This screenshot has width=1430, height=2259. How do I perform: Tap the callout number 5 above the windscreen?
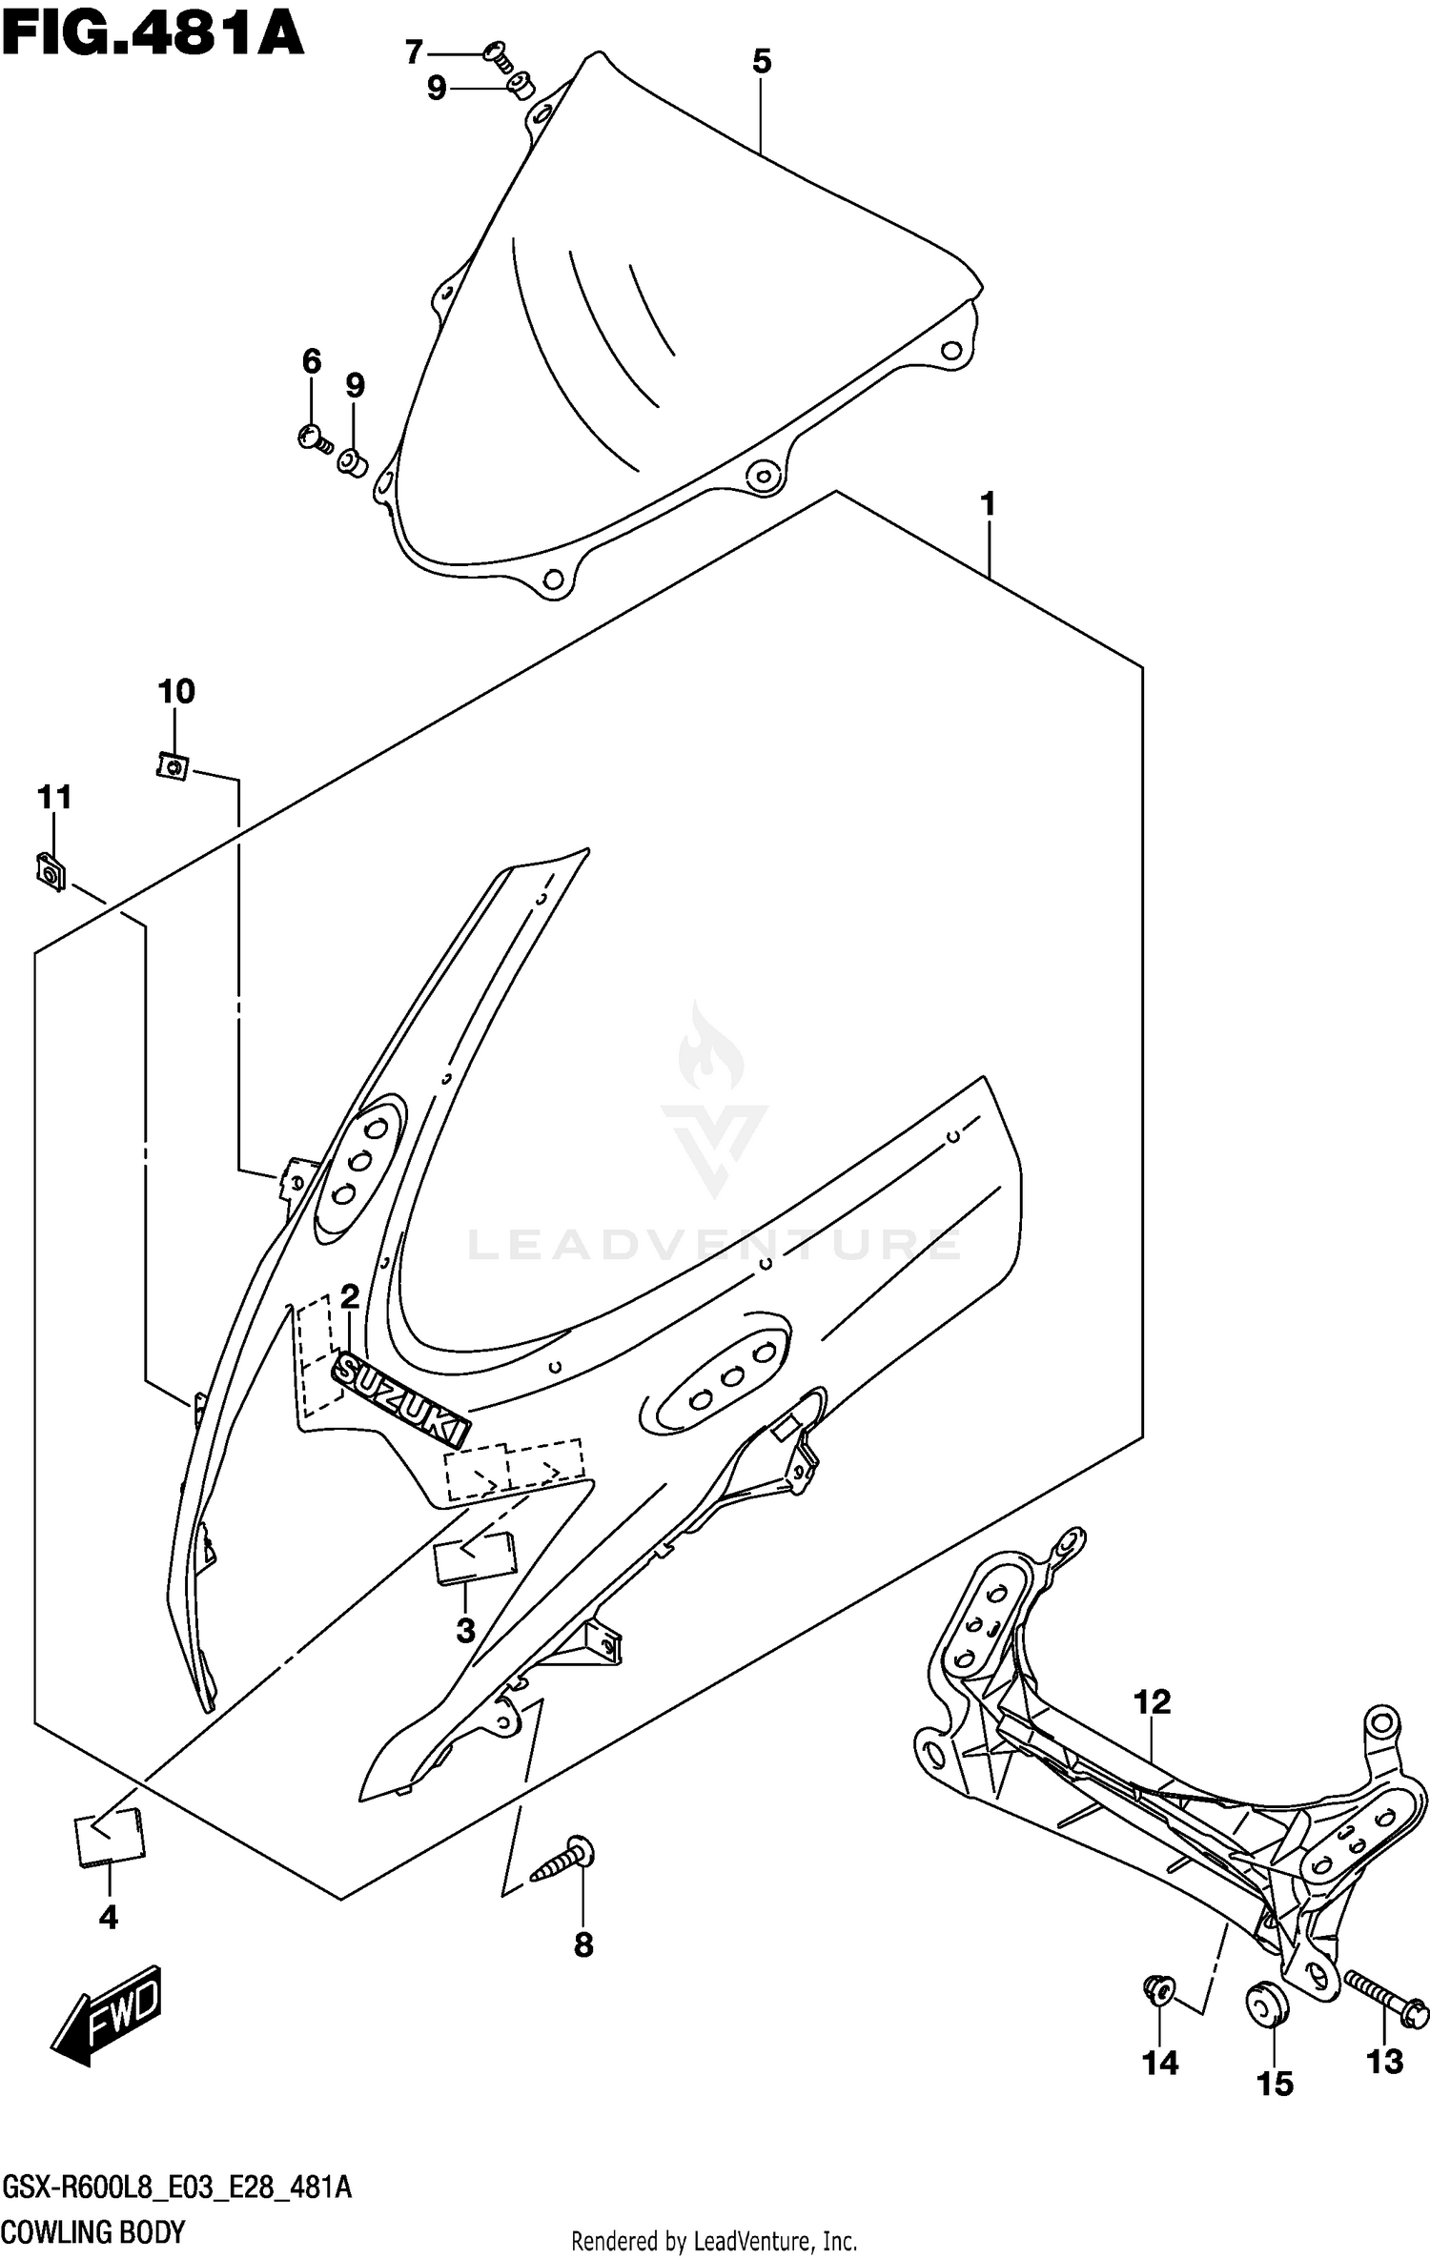pyautogui.click(x=761, y=62)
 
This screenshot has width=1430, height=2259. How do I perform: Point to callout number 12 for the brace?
pyautogui.click(x=1152, y=1701)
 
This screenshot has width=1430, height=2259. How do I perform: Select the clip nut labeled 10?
pyautogui.click(x=172, y=765)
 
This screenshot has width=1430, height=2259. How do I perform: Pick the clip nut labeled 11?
pyautogui.click(x=51, y=871)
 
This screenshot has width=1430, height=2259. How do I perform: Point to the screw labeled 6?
pyautogui.click(x=314, y=438)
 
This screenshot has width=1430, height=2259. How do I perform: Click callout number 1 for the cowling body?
pyautogui.click(x=988, y=504)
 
